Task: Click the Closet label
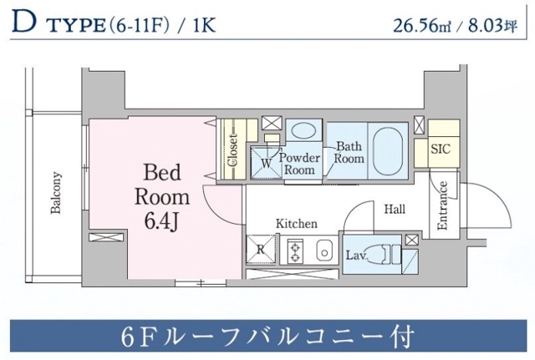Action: pos(233,151)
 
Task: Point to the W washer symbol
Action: pos(267,162)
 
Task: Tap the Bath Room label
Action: pos(349,152)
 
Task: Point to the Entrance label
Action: pos(443,205)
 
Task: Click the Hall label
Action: pos(395,210)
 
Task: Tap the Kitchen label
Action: pos(297,224)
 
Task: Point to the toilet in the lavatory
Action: pos(387,253)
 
